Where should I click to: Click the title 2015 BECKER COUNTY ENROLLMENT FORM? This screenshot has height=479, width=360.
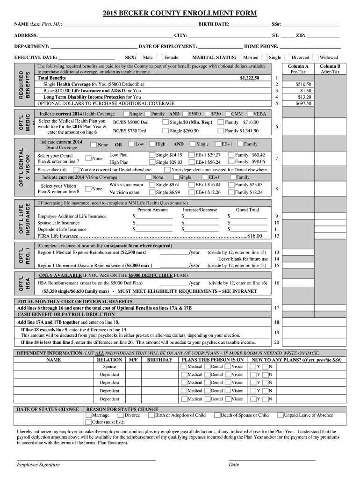click(x=180, y=13)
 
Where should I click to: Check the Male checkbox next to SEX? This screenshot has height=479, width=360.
click(x=139, y=57)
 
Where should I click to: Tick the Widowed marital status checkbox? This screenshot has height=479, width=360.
click(x=316, y=57)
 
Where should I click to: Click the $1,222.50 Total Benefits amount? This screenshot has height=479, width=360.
click(x=249, y=78)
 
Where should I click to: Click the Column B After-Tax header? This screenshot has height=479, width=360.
click(x=330, y=69)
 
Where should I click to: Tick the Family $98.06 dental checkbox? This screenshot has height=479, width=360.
click(x=231, y=162)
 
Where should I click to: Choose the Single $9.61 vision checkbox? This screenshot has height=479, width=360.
click(x=152, y=185)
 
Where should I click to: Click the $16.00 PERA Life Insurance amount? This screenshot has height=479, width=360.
click(x=255, y=236)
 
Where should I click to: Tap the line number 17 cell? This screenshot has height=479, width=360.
click(x=277, y=308)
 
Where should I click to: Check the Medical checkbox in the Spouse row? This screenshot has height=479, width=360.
click(x=184, y=367)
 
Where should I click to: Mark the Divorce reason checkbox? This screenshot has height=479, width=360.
click(x=121, y=415)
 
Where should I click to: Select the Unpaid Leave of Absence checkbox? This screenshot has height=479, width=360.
click(x=280, y=415)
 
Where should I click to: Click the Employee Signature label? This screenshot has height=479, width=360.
click(x=38, y=464)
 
